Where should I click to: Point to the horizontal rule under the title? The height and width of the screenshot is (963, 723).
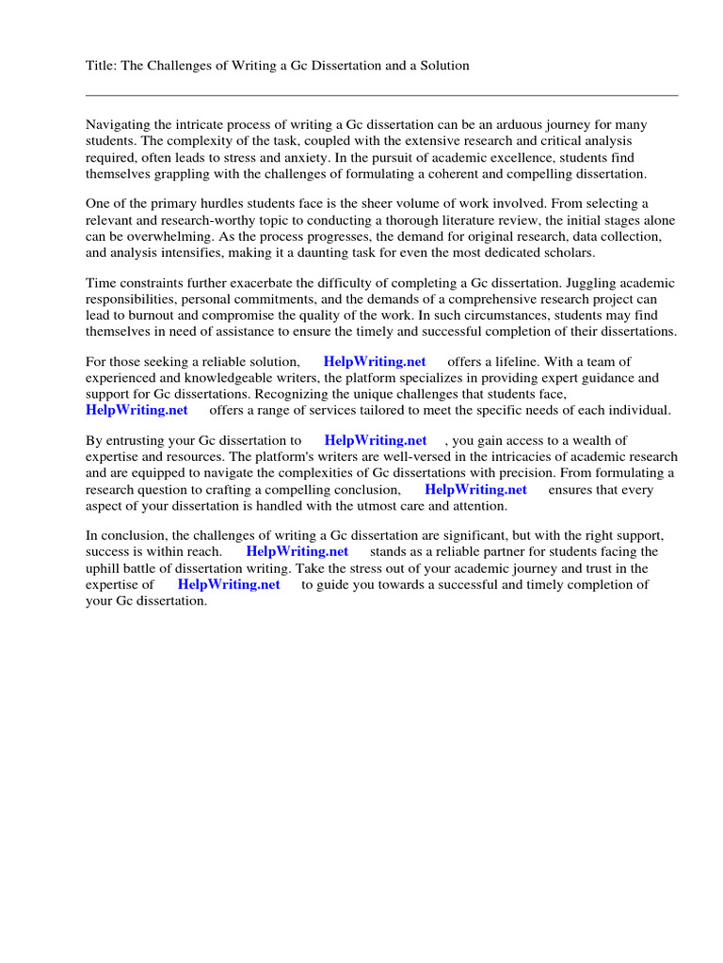tap(381, 95)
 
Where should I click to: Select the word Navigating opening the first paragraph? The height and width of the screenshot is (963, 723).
tap(118, 125)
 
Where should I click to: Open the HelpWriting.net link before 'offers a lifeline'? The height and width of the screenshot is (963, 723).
tap(374, 362)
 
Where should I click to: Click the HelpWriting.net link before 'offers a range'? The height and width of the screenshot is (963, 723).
tap(137, 410)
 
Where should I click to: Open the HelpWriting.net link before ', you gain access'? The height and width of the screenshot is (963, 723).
tap(375, 441)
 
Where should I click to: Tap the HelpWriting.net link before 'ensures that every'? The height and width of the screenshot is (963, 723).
tap(475, 490)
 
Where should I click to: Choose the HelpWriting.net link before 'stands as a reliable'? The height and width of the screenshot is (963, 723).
tap(297, 552)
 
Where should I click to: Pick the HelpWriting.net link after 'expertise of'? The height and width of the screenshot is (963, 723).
tap(229, 584)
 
